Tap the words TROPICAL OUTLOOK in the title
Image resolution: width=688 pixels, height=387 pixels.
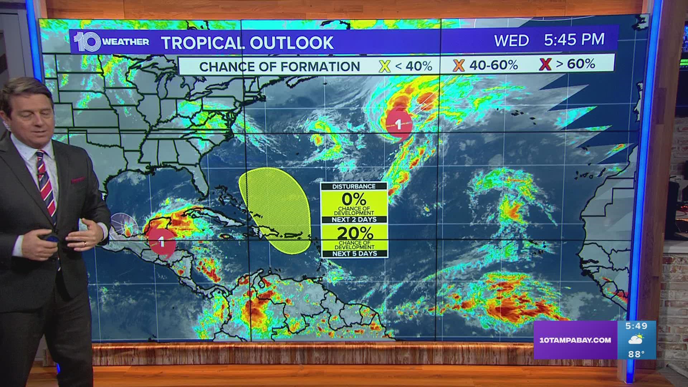[x=248, y=42]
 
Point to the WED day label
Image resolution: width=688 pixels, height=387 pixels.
[x=511, y=40]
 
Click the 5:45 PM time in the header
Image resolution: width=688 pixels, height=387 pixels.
[x=574, y=39]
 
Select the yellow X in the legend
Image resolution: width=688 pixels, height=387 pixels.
[x=384, y=66]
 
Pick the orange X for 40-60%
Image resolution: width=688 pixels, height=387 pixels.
[x=459, y=65]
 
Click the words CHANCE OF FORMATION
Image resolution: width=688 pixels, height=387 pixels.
[x=279, y=66]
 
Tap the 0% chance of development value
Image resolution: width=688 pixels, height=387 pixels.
[x=354, y=199]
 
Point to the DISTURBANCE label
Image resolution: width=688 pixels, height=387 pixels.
[x=354, y=186]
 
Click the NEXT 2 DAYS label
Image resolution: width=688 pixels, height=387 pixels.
[x=354, y=219]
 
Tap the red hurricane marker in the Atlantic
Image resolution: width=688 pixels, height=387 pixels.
[x=398, y=125]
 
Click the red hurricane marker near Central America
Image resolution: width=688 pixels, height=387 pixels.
[x=162, y=243]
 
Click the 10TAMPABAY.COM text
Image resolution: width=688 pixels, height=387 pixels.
[x=575, y=340]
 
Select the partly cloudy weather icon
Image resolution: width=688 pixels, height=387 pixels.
[x=636, y=339]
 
